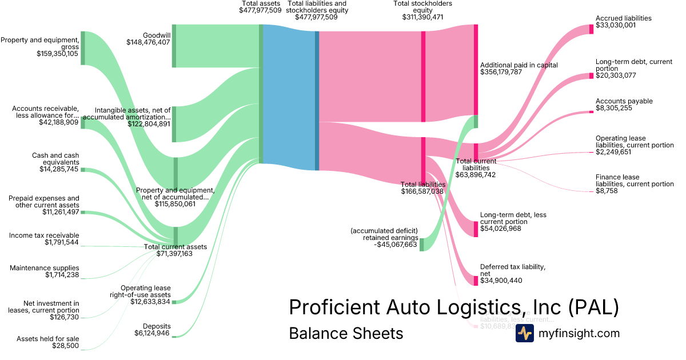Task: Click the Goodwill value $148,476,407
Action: [x=148, y=42]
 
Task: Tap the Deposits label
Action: [x=156, y=326]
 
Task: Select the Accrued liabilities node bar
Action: [x=591, y=29]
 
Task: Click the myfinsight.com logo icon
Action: [x=524, y=333]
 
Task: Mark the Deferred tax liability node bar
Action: [x=476, y=281]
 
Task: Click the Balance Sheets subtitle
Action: [x=346, y=333]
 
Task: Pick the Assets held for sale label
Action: [x=48, y=339]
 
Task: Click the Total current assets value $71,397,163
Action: [x=174, y=254]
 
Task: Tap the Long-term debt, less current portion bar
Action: [x=476, y=229]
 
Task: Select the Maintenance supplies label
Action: [x=45, y=268]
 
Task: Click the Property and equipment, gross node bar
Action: [x=82, y=48]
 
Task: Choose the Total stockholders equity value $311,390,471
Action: [x=422, y=17]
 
